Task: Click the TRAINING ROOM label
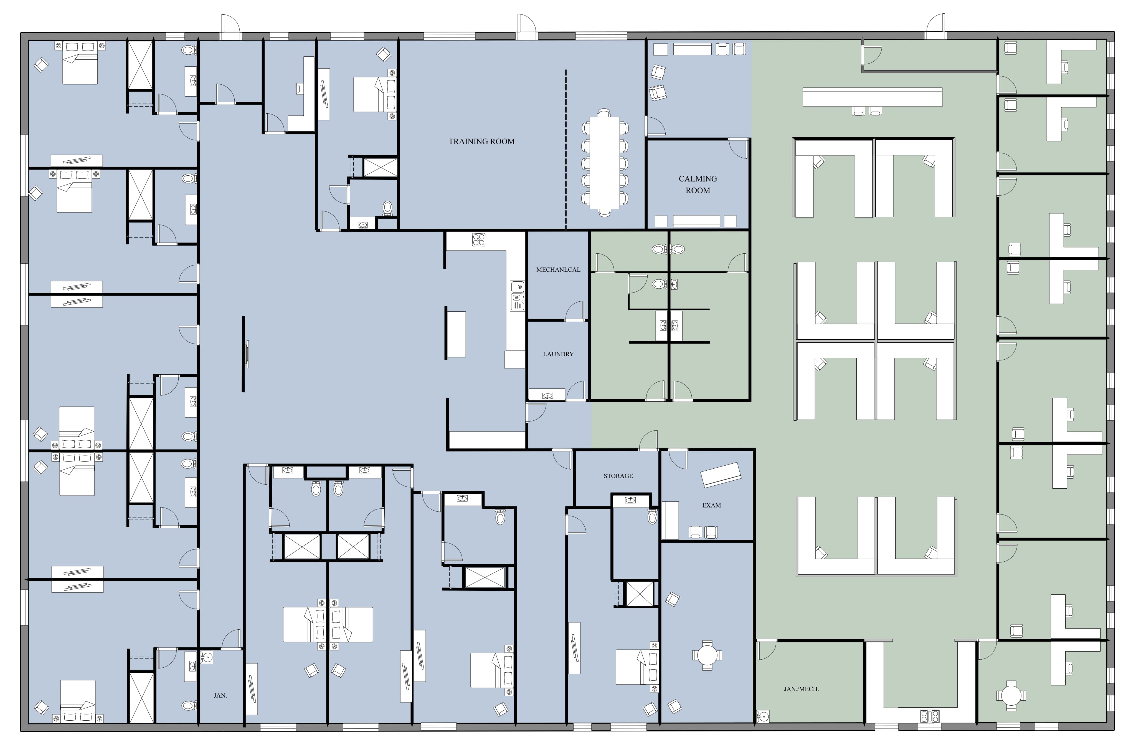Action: click(481, 142)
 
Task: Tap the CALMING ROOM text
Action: click(698, 184)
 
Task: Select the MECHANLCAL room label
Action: click(558, 269)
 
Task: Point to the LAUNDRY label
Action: click(558, 354)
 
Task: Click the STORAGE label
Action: click(618, 476)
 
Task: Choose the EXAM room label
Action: click(711, 505)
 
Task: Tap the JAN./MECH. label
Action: click(801, 689)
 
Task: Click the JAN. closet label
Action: click(220, 695)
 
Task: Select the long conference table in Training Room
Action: click(604, 163)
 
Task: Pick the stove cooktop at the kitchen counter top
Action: click(478, 239)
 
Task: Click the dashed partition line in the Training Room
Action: click(566, 149)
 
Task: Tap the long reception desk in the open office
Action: click(872, 97)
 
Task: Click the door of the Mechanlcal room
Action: click(575, 312)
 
